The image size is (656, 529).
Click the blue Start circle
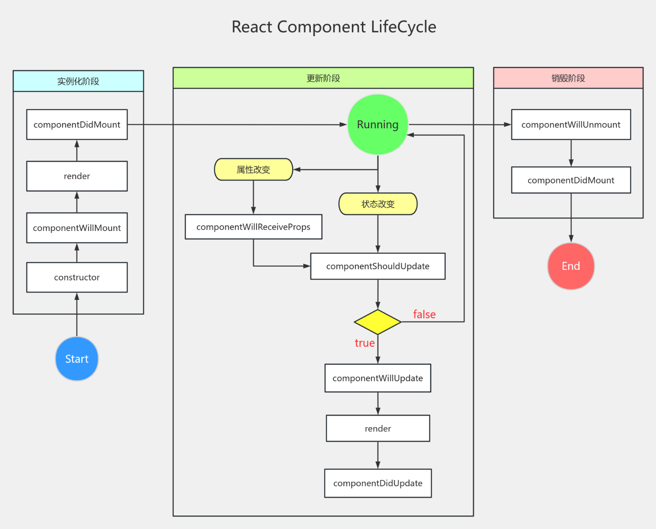pyautogui.click(x=77, y=359)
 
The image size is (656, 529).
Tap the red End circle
pyautogui.click(x=571, y=266)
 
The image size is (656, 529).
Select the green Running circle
pyautogui.click(x=378, y=125)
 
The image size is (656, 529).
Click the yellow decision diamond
pyautogui.click(x=378, y=322)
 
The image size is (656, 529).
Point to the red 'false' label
pyautogui.click(x=424, y=314)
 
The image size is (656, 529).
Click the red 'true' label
pyautogui.click(x=365, y=343)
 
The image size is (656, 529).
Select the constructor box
pyautogui.click(x=77, y=277)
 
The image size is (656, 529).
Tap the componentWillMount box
pyautogui.click(x=77, y=228)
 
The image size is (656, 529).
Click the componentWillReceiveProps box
pyautogui.click(x=253, y=227)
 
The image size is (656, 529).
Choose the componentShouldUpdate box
pyautogui.click(x=378, y=266)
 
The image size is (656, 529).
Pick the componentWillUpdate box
pyautogui.click(x=378, y=378)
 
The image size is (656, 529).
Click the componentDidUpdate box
pyautogui.click(x=378, y=483)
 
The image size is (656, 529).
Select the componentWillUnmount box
pyautogui.click(x=571, y=125)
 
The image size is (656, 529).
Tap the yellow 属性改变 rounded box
pyautogui.click(x=253, y=170)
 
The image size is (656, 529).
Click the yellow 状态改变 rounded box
pyautogui.click(x=378, y=204)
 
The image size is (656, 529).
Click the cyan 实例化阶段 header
pyautogui.click(x=78, y=81)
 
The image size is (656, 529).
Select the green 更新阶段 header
pyautogui.click(x=323, y=78)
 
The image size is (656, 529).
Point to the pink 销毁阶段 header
pyautogui.click(x=568, y=78)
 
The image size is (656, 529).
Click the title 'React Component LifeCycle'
pyautogui.click(x=334, y=27)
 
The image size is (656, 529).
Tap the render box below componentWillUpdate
pyautogui.click(x=378, y=428)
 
